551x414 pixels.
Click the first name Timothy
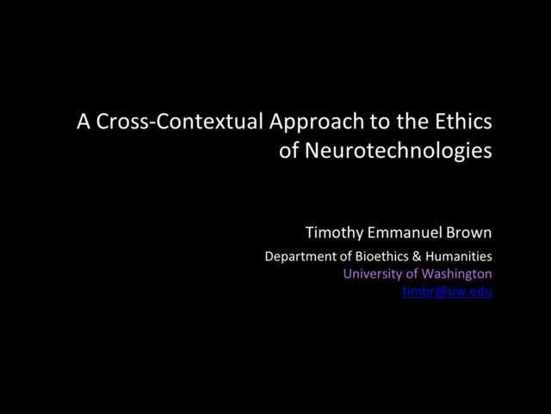click(333, 234)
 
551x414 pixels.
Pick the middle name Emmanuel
click(406, 234)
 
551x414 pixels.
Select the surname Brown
click(470, 234)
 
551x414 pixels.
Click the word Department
click(296, 256)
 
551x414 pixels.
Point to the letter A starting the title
click(84, 122)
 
